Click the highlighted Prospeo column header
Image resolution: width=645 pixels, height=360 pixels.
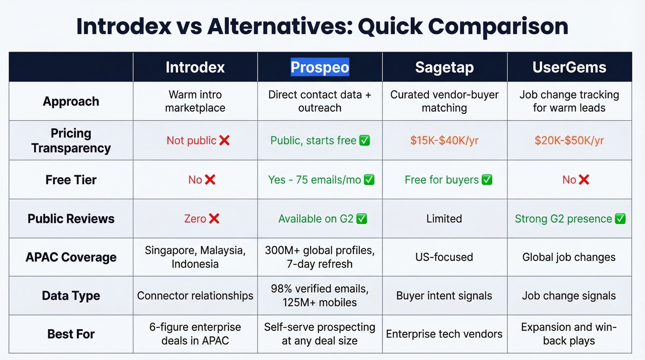[320, 67]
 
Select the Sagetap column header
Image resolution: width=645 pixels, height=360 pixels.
[444, 67]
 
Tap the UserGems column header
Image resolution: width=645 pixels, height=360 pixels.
[569, 67]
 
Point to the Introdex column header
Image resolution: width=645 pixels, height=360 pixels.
[195, 67]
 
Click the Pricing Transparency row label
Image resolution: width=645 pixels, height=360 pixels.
[71, 141]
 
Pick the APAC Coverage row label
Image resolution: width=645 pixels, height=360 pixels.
[71, 257]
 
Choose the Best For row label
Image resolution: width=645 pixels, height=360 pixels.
[71, 334]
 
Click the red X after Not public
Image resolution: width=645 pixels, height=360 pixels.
[224, 141]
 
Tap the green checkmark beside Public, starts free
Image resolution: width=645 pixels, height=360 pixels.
[364, 141]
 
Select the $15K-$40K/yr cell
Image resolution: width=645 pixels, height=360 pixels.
[444, 141]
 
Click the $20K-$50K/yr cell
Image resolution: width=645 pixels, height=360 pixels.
[569, 141]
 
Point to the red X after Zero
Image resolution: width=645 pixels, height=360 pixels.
[214, 218]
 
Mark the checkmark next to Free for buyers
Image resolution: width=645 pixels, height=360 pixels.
[487, 180]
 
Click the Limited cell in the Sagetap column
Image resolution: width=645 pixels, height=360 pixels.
[444, 218]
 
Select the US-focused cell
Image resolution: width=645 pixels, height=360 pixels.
[444, 257]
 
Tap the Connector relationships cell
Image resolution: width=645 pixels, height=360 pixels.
[195, 295]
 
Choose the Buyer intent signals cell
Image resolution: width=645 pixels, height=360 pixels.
[444, 295]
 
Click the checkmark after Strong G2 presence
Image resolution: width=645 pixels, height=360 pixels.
[620, 218]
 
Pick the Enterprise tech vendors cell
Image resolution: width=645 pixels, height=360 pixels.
[444, 334]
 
